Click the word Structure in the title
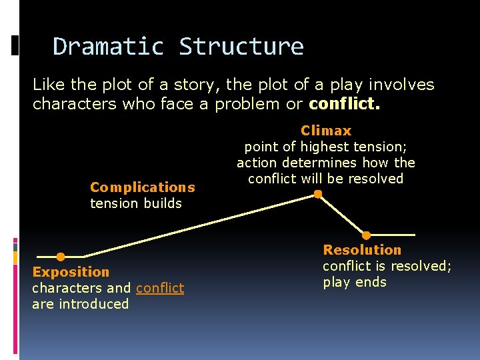tap(241, 47)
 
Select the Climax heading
tap(326, 131)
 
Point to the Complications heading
tap(143, 187)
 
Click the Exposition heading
tap(71, 272)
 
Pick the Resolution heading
tap(362, 250)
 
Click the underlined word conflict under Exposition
tap(160, 288)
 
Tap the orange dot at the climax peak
tap(318, 195)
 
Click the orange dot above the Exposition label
tap(61, 257)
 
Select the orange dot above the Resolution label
tap(366, 235)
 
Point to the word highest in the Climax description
tap(321, 147)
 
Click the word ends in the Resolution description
tap(371, 282)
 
